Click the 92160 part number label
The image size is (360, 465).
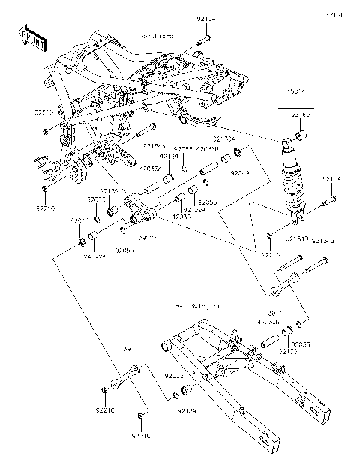point(300,115)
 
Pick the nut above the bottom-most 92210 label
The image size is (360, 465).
point(140,416)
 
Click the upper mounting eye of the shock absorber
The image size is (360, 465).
point(286,142)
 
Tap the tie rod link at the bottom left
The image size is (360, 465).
point(124,374)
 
